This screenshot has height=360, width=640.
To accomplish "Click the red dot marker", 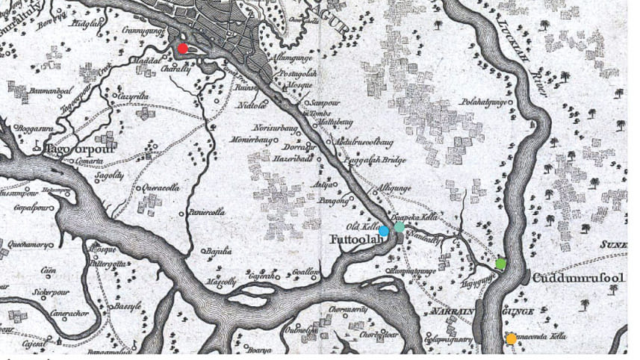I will pyautogui.click(x=183, y=49).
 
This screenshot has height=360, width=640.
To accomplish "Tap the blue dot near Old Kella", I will pyautogui.click(x=384, y=232).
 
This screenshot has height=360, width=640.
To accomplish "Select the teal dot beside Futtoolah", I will pyautogui.click(x=400, y=227).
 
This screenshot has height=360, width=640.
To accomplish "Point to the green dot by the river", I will pyautogui.click(x=500, y=264).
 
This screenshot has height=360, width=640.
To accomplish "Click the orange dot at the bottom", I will pyautogui.click(x=512, y=338).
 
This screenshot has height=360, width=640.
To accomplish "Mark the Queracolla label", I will pyautogui.click(x=161, y=188).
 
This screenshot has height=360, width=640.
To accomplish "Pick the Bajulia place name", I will pyautogui.click(x=217, y=252).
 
